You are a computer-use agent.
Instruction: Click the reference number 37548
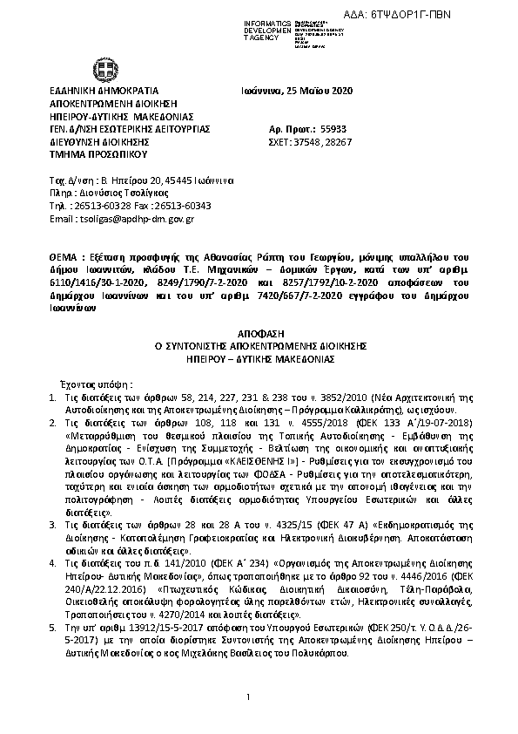pos(308,139)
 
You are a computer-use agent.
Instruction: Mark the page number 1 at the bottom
pos(248,697)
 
